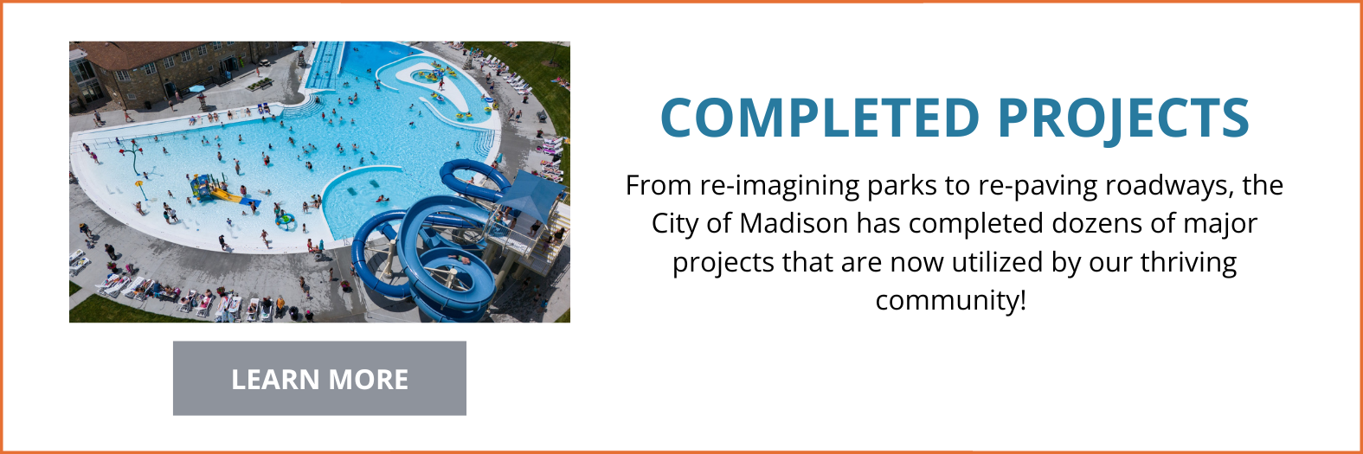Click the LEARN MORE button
tap(319, 379)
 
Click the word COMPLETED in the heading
tap(820, 118)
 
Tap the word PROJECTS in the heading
tap(1123, 118)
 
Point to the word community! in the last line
tap(950, 300)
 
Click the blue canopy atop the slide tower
tap(530, 192)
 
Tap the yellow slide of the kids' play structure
tap(228, 195)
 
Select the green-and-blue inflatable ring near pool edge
tap(284, 220)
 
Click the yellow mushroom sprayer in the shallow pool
tap(138, 184)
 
